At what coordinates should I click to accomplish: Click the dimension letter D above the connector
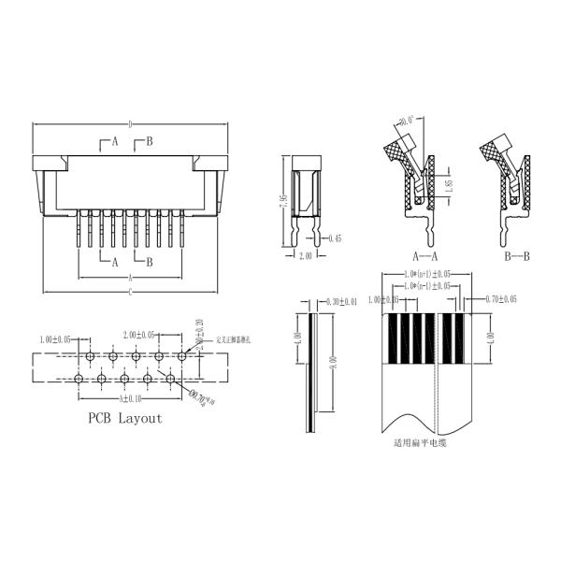pos(130,123)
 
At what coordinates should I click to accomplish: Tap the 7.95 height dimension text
pos(281,203)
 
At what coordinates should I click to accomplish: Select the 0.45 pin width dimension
pos(336,239)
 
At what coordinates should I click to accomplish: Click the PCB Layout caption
pos(124,418)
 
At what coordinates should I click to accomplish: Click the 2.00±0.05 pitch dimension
pos(141,334)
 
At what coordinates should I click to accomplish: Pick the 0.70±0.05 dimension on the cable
pos(502,299)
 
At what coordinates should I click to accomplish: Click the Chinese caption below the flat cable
pos(420,442)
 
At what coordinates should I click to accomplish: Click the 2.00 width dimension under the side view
pos(305,255)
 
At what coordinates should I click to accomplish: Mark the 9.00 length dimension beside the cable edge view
pos(334,362)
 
